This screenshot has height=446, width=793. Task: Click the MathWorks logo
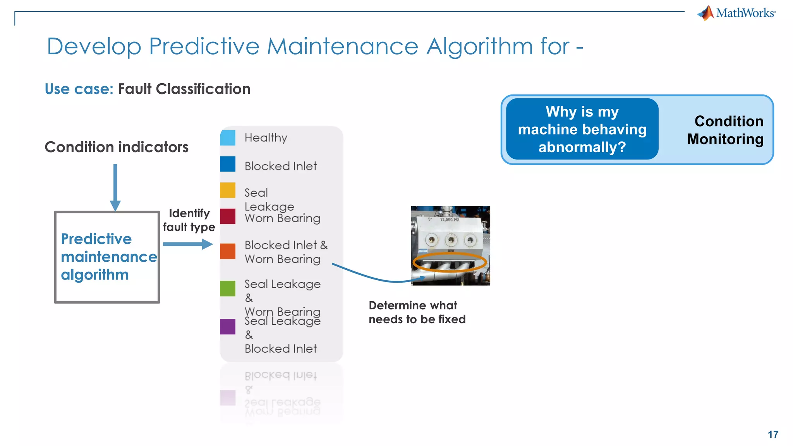736,13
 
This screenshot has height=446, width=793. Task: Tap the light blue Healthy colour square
228,138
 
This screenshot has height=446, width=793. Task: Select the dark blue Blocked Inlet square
228,164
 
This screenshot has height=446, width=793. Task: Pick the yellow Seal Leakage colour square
228,190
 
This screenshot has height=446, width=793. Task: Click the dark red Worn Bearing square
228,216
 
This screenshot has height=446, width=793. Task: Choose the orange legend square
228,251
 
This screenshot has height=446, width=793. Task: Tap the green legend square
228,288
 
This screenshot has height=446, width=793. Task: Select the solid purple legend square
228,326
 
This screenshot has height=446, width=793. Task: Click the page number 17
773,434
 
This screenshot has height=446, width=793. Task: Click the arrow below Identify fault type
188,244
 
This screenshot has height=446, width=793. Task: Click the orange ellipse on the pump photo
450,263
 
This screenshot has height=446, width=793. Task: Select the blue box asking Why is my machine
582,129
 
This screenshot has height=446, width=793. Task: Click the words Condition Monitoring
725,130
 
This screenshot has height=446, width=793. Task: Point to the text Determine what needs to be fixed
417,312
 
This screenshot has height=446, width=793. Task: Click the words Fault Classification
184,89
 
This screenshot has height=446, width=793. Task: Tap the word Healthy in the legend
266,138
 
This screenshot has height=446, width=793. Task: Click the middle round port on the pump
451,240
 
